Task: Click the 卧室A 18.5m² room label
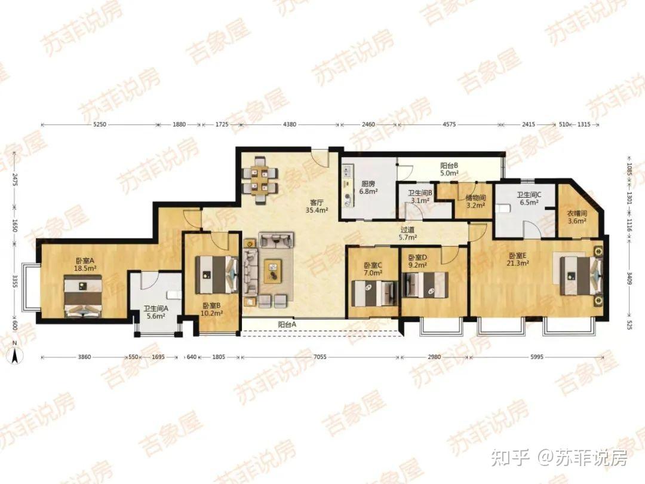tap(85, 264)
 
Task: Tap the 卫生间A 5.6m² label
tap(155, 312)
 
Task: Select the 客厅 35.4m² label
tap(317, 206)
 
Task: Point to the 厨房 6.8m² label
tap(368, 187)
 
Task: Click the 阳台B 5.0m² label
tap(449, 169)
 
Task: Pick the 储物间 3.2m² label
tap(475, 201)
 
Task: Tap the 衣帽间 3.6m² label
tap(577, 217)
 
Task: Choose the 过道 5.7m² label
tap(407, 234)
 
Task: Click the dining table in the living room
tap(260, 180)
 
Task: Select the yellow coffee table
tap(273, 271)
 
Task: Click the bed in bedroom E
tap(580, 275)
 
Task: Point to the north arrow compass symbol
tap(15, 353)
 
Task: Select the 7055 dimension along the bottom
tap(320, 357)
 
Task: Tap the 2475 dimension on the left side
tap(15, 180)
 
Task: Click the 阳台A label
tap(287, 324)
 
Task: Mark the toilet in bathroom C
tap(503, 209)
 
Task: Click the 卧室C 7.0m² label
tap(373, 269)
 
